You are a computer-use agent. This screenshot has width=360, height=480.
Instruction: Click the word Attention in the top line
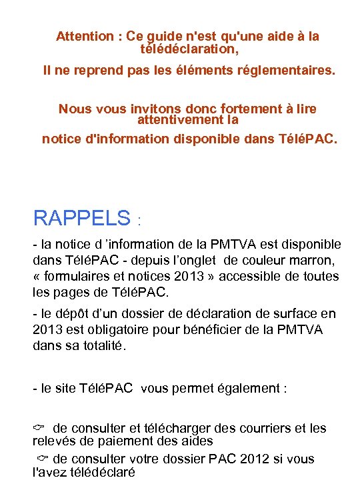[84, 36]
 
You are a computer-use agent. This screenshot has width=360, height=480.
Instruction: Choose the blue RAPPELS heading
[81, 217]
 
